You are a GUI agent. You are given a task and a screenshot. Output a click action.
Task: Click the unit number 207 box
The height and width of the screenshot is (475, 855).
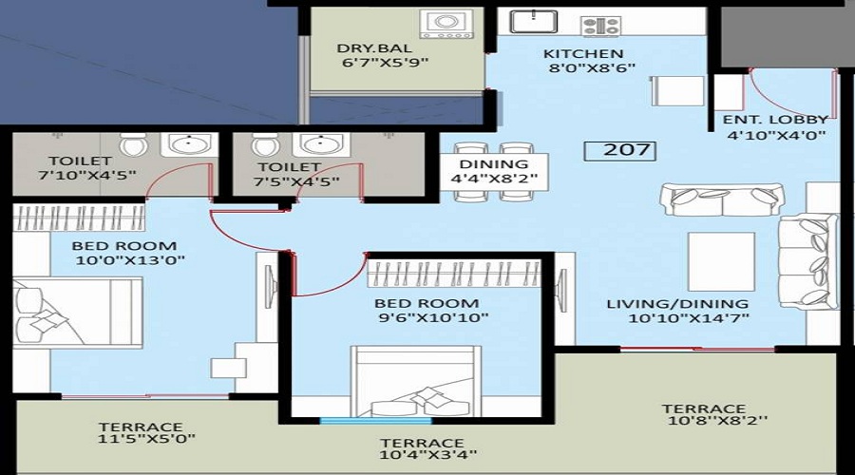tap(619, 150)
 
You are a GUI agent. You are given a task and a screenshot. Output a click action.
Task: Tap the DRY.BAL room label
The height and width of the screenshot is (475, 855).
tap(374, 48)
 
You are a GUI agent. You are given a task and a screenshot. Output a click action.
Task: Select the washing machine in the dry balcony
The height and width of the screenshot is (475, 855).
tap(446, 25)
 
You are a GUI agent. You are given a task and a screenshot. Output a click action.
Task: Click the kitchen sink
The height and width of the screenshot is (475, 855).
tap(533, 21)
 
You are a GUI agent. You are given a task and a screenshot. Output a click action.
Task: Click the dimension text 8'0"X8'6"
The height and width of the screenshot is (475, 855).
tap(592, 68)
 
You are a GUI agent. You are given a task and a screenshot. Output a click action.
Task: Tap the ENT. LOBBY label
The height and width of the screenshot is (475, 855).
tap(776, 120)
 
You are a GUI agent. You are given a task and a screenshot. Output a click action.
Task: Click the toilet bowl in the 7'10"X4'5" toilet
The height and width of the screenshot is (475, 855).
tap(134, 144)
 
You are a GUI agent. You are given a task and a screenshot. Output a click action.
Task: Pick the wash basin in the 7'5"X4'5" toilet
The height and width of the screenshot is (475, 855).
tap(318, 144)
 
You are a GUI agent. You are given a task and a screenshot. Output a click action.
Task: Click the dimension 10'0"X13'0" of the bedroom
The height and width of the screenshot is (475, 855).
tap(130, 260)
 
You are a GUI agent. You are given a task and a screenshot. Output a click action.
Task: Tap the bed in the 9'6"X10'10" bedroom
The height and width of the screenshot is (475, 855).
tap(416, 381)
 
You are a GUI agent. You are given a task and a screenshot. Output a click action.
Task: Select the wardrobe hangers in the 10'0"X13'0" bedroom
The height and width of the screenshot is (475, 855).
tap(79, 218)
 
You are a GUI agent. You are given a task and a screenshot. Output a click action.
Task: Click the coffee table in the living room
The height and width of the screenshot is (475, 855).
tap(721, 262)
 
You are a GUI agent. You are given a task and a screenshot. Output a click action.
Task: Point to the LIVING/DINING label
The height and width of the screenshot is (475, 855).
tap(677, 304)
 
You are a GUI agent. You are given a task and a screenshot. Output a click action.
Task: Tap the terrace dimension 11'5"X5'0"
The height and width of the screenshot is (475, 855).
tap(146, 438)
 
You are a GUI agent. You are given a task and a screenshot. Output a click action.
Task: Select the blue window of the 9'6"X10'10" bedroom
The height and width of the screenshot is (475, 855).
tap(375, 421)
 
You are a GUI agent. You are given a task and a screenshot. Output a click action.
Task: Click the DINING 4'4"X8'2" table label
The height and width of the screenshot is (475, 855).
tap(494, 171)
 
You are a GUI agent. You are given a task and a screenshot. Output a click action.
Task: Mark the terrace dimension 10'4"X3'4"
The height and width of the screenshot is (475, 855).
tap(428, 454)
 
